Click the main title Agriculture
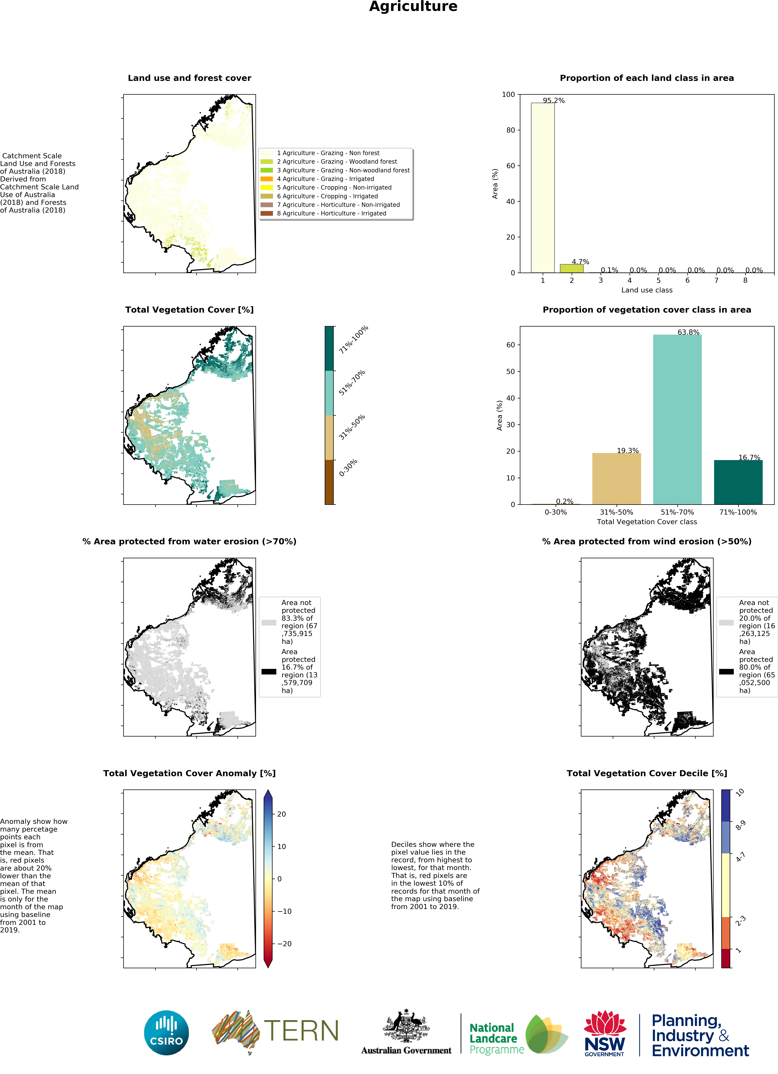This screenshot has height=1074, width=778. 413,7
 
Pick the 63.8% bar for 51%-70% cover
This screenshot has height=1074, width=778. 677,419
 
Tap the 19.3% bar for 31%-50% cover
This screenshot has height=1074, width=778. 617,478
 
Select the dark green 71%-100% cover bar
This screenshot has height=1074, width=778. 738,482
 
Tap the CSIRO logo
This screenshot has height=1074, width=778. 166,1033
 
